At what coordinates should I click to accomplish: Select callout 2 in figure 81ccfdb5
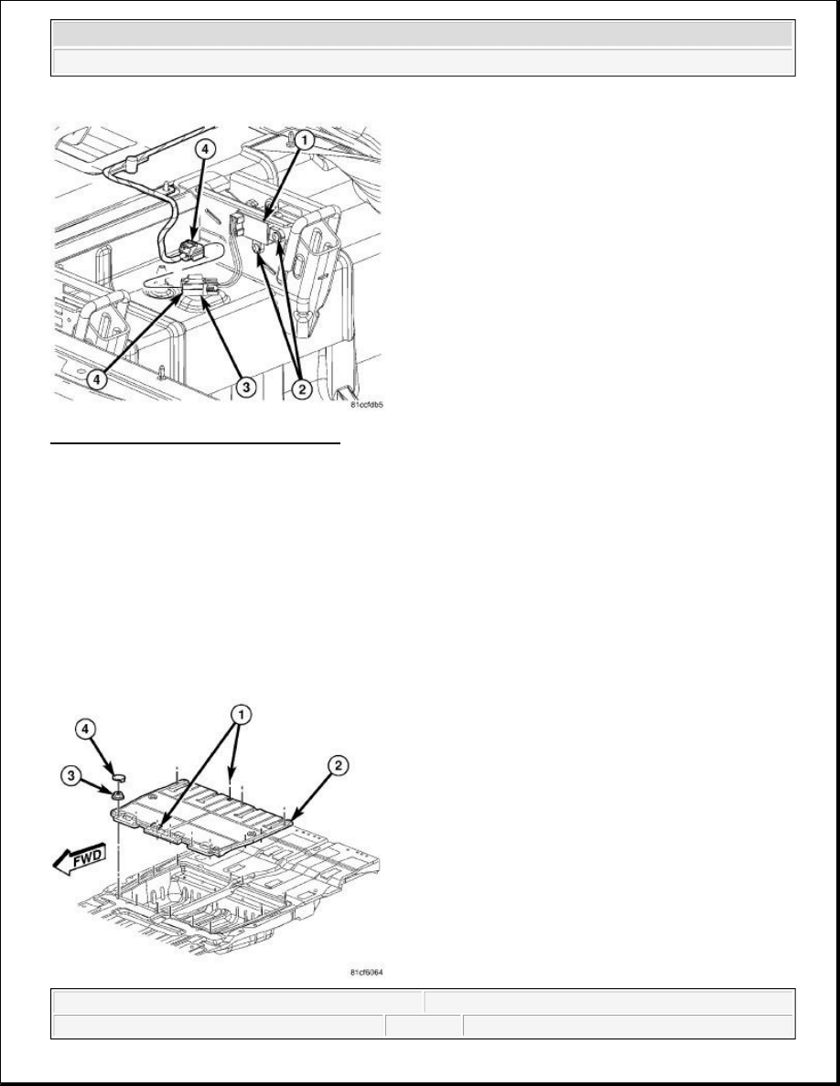point(301,389)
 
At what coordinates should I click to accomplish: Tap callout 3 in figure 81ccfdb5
point(244,388)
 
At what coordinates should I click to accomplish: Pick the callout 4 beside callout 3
point(97,380)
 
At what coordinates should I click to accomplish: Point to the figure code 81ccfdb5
point(367,405)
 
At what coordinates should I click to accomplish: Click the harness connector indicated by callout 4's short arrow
point(190,249)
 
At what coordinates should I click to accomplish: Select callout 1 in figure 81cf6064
point(239,714)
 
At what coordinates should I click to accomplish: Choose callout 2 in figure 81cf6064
point(337,766)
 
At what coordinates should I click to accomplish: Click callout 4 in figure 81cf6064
point(85,729)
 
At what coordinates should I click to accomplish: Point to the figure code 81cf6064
point(367,973)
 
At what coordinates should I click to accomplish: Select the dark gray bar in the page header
point(423,33)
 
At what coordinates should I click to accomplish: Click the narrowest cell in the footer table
point(424,1026)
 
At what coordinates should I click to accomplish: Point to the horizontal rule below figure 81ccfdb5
point(196,442)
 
